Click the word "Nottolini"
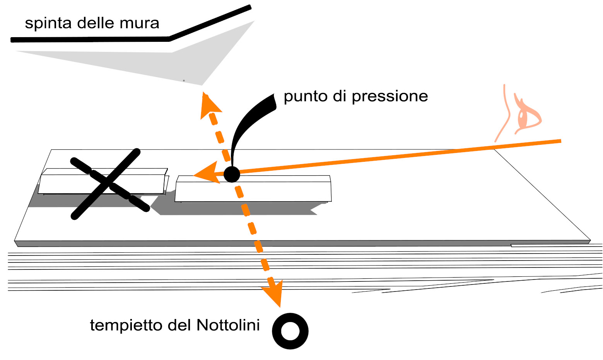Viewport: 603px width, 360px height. [x=228, y=325]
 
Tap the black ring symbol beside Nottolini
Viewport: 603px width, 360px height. [x=290, y=331]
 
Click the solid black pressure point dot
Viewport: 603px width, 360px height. [x=232, y=174]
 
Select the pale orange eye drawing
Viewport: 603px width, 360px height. [x=528, y=114]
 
